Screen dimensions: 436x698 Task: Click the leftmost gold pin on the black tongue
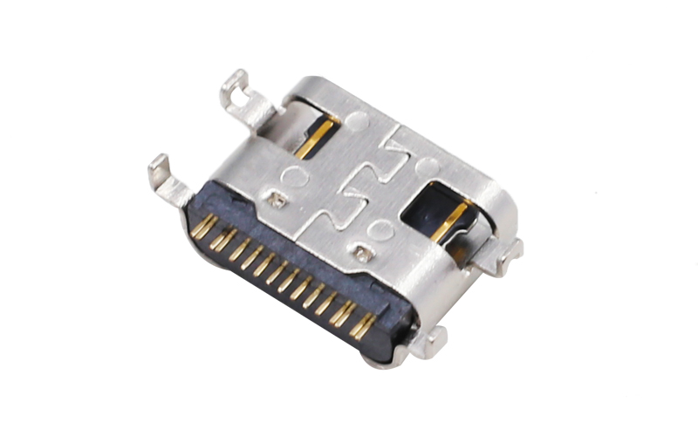(x=203, y=228)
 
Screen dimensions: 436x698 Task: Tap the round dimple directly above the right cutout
(x=425, y=165)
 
